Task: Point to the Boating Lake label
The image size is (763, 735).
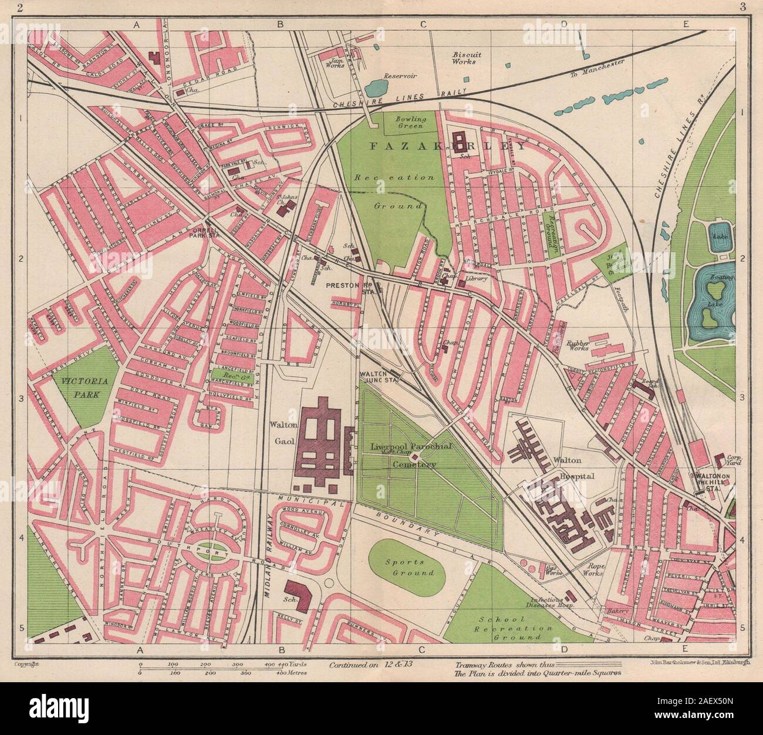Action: tap(720, 282)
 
